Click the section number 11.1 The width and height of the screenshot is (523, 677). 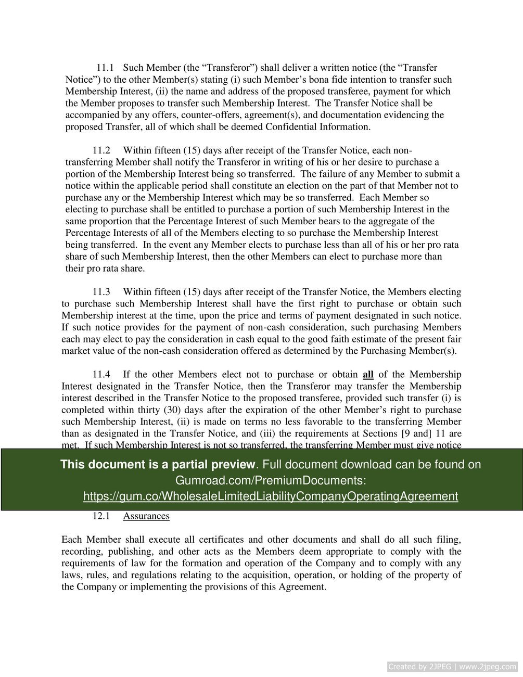pos(106,68)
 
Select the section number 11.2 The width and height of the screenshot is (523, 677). pos(101,150)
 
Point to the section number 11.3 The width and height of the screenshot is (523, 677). pos(101,292)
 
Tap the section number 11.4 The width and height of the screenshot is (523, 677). pos(101,375)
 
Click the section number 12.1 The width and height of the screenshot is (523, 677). pos(101,516)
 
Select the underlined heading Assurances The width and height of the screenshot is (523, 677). pos(146,516)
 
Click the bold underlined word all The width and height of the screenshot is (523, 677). pos(368,375)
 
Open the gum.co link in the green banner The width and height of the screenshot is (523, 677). pos(271,496)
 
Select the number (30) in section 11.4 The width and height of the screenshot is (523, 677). pos(173,410)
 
